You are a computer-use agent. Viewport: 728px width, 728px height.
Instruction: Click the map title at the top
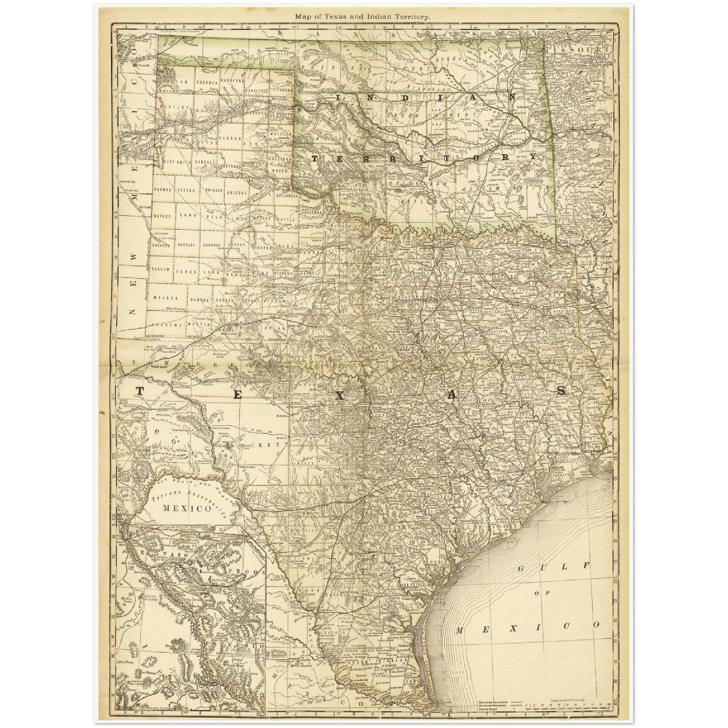[x=363, y=17]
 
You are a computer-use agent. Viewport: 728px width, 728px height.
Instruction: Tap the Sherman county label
[x=206, y=82]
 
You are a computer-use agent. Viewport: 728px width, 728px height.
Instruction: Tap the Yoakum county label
[x=162, y=270]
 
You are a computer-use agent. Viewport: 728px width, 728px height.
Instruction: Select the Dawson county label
[x=199, y=299]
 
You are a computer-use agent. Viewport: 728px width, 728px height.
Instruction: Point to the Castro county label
[x=186, y=190]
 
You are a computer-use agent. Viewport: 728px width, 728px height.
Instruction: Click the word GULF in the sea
[x=553, y=567]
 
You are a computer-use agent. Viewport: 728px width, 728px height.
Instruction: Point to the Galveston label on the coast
[x=553, y=502]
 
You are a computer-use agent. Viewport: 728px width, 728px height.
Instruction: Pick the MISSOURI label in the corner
[x=574, y=51]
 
